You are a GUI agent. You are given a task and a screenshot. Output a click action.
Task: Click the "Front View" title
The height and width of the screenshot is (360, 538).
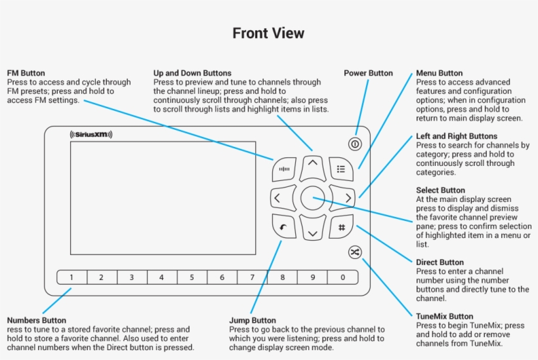[x=268, y=33]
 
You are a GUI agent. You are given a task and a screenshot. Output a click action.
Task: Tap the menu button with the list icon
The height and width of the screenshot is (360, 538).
[x=341, y=169]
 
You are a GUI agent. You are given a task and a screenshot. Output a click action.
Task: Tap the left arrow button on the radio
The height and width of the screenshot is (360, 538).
[x=278, y=197]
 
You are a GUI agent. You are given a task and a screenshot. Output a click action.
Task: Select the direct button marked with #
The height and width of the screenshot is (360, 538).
[x=341, y=228]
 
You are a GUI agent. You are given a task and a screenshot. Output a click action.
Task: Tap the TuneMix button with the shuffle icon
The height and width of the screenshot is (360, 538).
[x=355, y=252]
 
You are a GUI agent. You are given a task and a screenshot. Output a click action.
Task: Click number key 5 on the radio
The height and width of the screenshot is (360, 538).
[x=192, y=277]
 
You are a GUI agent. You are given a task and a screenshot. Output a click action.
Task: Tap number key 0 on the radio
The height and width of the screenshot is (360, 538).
[x=342, y=277]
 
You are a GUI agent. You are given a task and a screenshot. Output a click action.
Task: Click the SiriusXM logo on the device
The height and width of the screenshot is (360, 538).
[x=91, y=134]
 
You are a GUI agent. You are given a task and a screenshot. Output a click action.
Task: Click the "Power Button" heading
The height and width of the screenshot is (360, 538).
[x=368, y=73]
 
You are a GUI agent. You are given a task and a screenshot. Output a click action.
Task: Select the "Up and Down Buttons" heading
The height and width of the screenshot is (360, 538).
[x=192, y=73]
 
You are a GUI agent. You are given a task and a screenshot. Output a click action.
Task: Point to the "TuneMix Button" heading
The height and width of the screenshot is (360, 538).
[x=444, y=316]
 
